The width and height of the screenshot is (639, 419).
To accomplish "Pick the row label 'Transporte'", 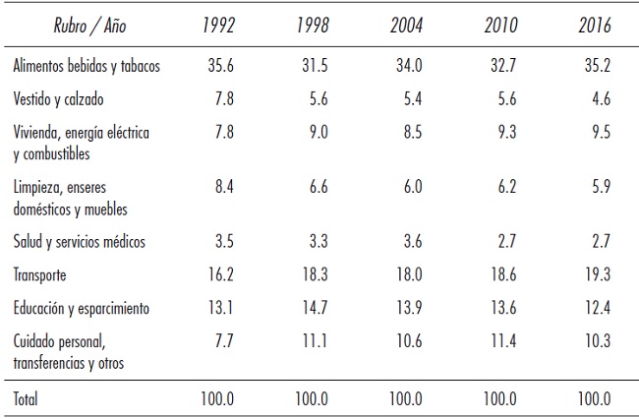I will pos(42,277).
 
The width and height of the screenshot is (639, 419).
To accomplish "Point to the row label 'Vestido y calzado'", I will pos(58,99).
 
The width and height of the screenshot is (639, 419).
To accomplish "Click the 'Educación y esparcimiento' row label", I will pos(82,308).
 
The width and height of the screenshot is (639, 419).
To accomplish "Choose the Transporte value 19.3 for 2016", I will pos(594,277).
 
